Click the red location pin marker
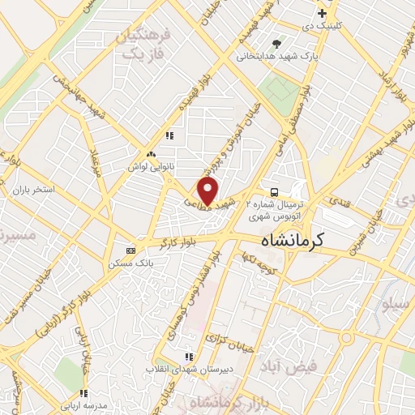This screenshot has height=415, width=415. [208, 191]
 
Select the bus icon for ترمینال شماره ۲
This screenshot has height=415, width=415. [275, 193]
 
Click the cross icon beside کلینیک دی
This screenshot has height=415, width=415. [322, 13]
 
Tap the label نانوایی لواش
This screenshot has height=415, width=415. [149, 165]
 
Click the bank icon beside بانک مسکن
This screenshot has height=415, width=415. [130, 250]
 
